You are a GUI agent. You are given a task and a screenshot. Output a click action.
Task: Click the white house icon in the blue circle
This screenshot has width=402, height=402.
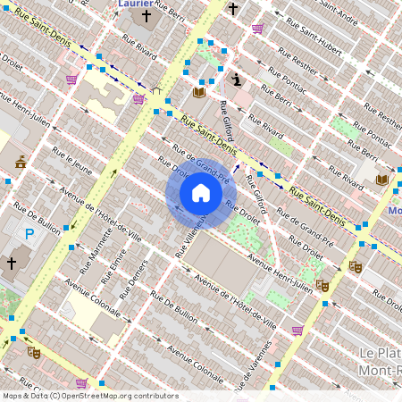tap(201, 192)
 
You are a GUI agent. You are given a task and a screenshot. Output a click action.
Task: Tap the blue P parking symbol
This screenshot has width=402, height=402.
tap(29, 235)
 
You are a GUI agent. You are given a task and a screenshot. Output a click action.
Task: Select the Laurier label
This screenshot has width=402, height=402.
tap(135, 4)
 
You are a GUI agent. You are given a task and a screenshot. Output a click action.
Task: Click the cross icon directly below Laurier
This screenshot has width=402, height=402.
tap(146, 15)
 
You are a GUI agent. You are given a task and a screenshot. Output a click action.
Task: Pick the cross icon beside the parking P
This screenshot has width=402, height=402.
tap(12, 264)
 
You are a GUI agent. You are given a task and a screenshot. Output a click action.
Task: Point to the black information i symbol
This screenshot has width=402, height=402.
tap(236, 80)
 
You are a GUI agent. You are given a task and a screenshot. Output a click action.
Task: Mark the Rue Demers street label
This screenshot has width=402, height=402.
tap(132, 285)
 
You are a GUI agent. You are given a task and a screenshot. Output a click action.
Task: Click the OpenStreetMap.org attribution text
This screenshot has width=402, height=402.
tap(116, 395)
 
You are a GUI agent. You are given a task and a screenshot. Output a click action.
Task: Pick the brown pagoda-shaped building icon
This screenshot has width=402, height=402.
tap(21, 161)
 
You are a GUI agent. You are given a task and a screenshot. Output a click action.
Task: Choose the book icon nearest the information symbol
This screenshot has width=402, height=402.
tap(199, 92)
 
